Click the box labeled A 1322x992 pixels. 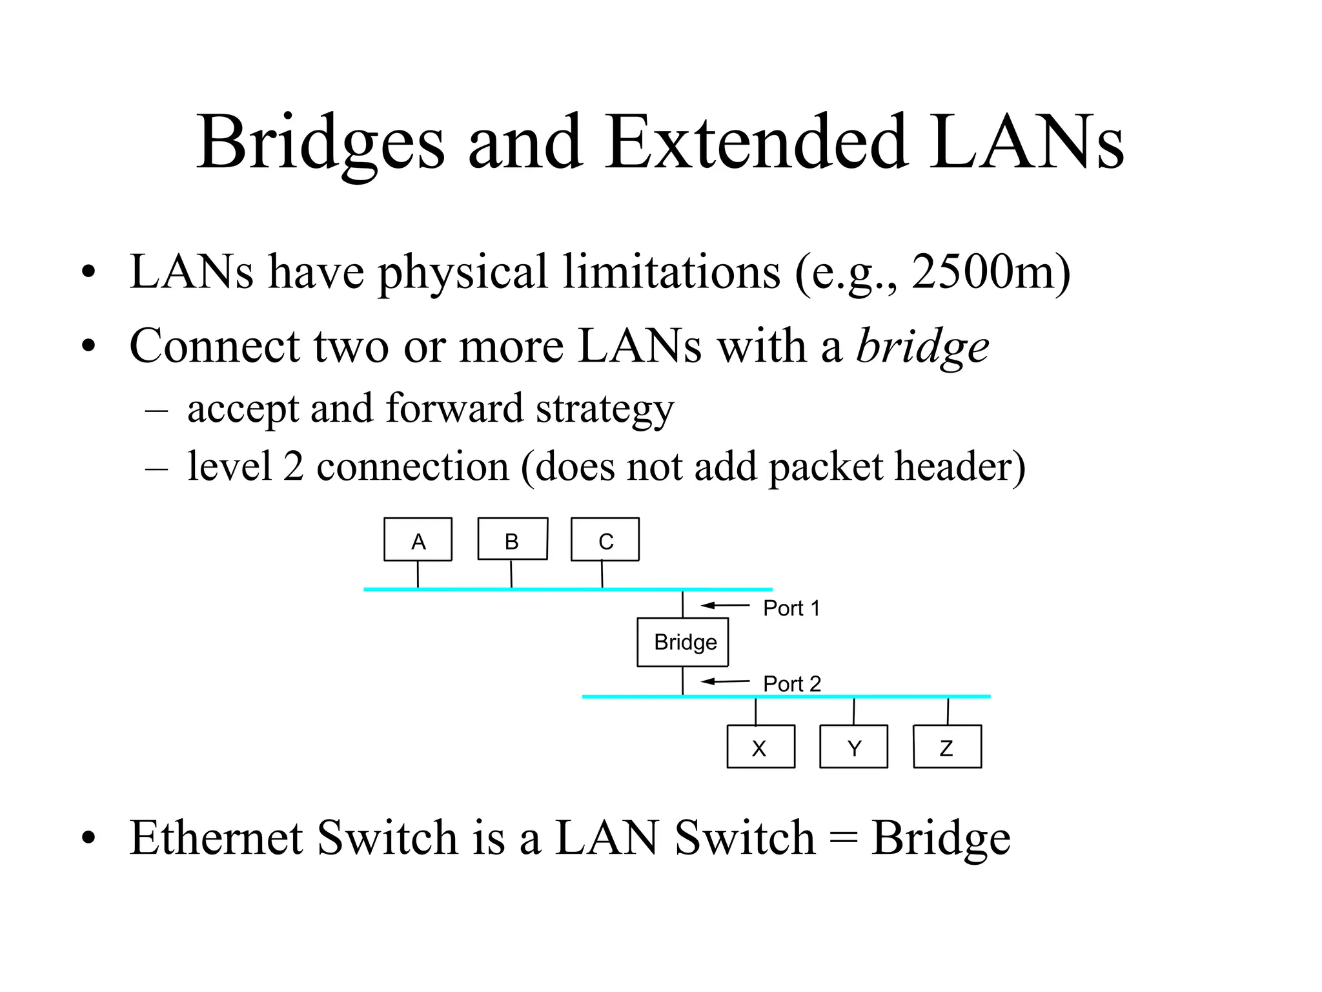[418, 540]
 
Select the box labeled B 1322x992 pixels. [512, 539]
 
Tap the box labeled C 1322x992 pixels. [605, 539]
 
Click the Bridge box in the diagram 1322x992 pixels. [682, 642]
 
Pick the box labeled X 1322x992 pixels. [760, 747]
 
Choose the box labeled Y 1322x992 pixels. [853, 747]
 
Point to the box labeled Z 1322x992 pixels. [947, 747]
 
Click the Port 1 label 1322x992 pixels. [791, 608]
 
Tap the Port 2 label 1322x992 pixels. [791, 683]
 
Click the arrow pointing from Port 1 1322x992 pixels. [725, 605]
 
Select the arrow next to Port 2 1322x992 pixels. [725, 681]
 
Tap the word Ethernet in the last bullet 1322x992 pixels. [216, 838]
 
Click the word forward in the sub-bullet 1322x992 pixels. [454, 408]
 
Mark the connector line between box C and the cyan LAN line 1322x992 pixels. [602, 574]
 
